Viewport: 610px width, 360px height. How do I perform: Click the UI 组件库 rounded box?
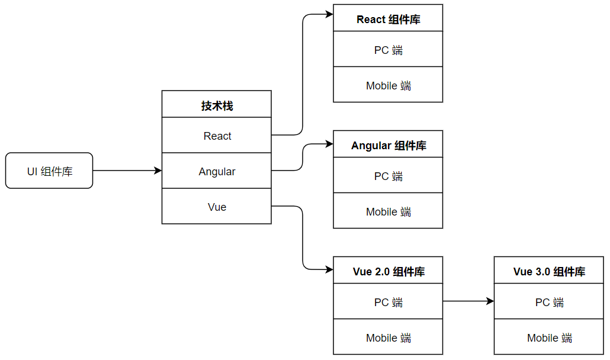[x=49, y=171]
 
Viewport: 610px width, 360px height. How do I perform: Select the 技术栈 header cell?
[x=217, y=105]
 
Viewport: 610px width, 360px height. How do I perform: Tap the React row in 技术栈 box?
[x=217, y=136]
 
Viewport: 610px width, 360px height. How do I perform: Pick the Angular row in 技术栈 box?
[x=217, y=171]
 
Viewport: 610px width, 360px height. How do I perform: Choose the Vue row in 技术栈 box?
[x=217, y=207]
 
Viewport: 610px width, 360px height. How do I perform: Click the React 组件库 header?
[x=388, y=19]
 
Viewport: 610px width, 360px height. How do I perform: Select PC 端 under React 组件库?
[x=388, y=50]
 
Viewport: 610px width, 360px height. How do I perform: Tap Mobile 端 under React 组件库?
[x=388, y=85]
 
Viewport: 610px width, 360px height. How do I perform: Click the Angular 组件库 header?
[x=388, y=145]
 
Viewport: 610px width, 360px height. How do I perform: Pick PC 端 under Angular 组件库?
[x=388, y=176]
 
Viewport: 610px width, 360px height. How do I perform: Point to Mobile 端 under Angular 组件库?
[x=388, y=211]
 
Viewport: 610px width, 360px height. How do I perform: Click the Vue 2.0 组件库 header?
[x=388, y=271]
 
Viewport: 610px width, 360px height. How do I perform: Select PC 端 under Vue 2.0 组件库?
[x=388, y=302]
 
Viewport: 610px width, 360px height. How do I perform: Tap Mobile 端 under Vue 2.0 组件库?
[x=388, y=337]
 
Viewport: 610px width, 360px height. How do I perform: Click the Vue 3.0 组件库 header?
[x=549, y=271]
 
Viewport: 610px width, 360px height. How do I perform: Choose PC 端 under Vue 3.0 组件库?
[x=549, y=302]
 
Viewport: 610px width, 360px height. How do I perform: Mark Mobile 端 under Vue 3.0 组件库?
[x=549, y=337]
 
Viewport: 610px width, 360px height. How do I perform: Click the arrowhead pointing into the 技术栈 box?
[x=158, y=171]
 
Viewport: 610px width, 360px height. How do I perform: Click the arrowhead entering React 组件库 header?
[x=329, y=14]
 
